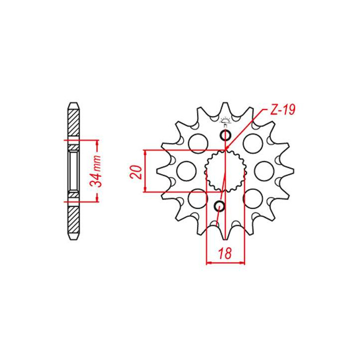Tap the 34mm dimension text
tap(98, 170)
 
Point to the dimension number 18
tap(225, 253)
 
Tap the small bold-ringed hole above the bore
tap(225, 136)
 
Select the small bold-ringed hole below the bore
tap(219, 205)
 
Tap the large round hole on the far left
tap(185, 170)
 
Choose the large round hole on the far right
tap(263, 170)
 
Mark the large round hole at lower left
tap(198, 198)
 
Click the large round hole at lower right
tap(253, 198)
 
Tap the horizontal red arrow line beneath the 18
tap(225, 262)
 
